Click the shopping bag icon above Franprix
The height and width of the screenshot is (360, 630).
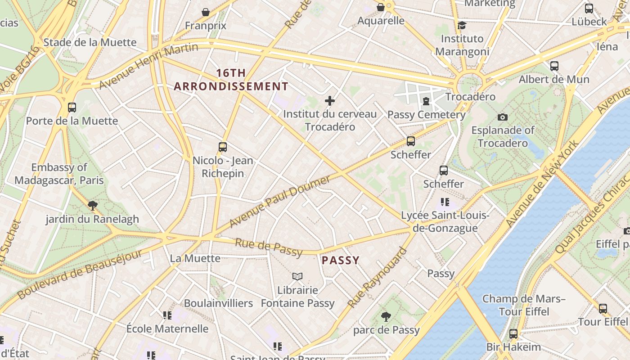[x=206, y=12]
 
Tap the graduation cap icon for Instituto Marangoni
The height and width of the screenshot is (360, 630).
[x=462, y=25]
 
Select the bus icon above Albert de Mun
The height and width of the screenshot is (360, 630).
[x=554, y=66]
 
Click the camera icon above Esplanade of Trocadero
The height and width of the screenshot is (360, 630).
[x=503, y=117]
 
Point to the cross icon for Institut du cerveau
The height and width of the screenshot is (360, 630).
[x=330, y=101]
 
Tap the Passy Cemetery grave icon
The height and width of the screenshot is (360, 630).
[x=426, y=101]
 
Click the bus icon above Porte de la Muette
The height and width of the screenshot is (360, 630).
[x=72, y=108]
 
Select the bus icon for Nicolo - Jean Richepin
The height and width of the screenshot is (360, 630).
[x=222, y=147]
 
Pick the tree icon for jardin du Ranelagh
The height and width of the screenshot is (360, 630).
[x=93, y=206]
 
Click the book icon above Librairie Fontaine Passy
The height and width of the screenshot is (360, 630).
[x=297, y=276]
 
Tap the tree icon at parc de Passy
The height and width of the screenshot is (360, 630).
[x=386, y=317]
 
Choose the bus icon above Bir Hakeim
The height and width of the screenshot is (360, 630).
[x=513, y=334]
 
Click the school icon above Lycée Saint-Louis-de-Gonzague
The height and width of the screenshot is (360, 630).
[x=445, y=202]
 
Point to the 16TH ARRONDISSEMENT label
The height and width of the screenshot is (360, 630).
[x=231, y=80]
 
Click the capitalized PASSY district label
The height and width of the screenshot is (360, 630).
[x=341, y=260]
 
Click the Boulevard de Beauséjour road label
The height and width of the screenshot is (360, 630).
[x=80, y=274]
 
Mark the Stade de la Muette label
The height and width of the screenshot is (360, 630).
[x=90, y=42]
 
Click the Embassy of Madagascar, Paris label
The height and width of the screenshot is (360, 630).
[x=59, y=174]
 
